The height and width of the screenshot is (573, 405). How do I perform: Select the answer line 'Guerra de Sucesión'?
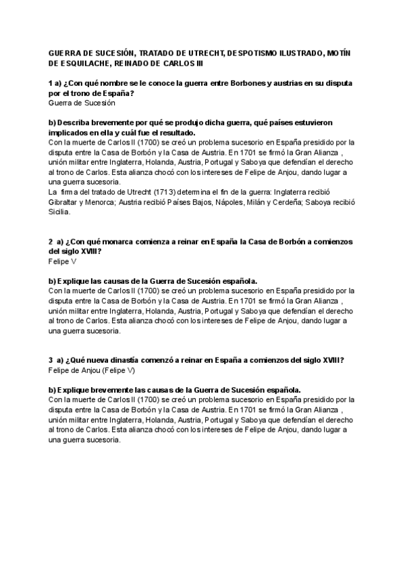click(x=82, y=103)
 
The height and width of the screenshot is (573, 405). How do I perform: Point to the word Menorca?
click(x=110, y=202)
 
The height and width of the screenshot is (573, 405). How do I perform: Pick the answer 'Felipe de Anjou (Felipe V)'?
click(x=92, y=371)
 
